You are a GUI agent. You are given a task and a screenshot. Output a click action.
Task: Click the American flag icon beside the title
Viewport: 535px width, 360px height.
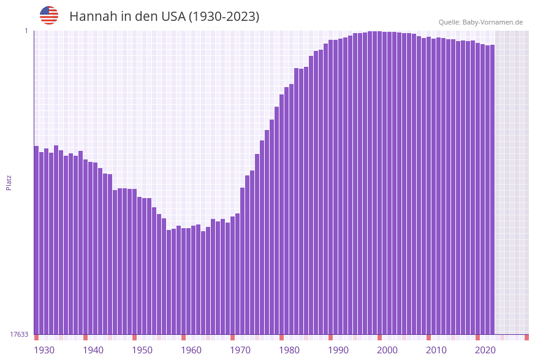coord(49,15)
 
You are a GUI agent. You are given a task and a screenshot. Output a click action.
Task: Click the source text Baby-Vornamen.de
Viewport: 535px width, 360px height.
coord(493,22)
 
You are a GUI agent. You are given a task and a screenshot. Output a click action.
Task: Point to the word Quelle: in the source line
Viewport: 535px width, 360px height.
coord(449,22)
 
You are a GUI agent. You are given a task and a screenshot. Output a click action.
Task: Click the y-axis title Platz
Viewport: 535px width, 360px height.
coord(9,182)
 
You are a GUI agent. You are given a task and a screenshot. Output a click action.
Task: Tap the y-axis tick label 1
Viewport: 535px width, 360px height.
coord(26,31)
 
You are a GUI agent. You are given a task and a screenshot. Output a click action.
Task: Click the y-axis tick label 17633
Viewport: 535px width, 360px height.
coord(19,334)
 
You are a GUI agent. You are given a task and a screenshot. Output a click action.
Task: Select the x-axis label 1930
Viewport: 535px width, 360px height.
coord(44,350)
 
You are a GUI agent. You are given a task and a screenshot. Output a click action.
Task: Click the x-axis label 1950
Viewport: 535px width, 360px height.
coord(142,350)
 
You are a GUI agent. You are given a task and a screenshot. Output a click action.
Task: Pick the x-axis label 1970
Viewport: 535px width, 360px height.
coord(240,350)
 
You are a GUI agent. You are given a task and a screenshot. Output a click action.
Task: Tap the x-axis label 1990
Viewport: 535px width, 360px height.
coord(338,350)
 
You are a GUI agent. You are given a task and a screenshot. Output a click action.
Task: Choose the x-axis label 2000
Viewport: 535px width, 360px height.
coord(387,350)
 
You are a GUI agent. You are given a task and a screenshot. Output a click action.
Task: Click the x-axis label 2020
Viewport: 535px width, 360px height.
coord(485,350)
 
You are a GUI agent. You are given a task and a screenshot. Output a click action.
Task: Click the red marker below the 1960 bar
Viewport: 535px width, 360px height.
coord(183,337)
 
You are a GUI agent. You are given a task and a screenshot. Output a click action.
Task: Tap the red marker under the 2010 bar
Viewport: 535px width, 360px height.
coord(428,337)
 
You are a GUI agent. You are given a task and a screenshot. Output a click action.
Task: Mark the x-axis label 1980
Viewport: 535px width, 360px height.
coord(289,350)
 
